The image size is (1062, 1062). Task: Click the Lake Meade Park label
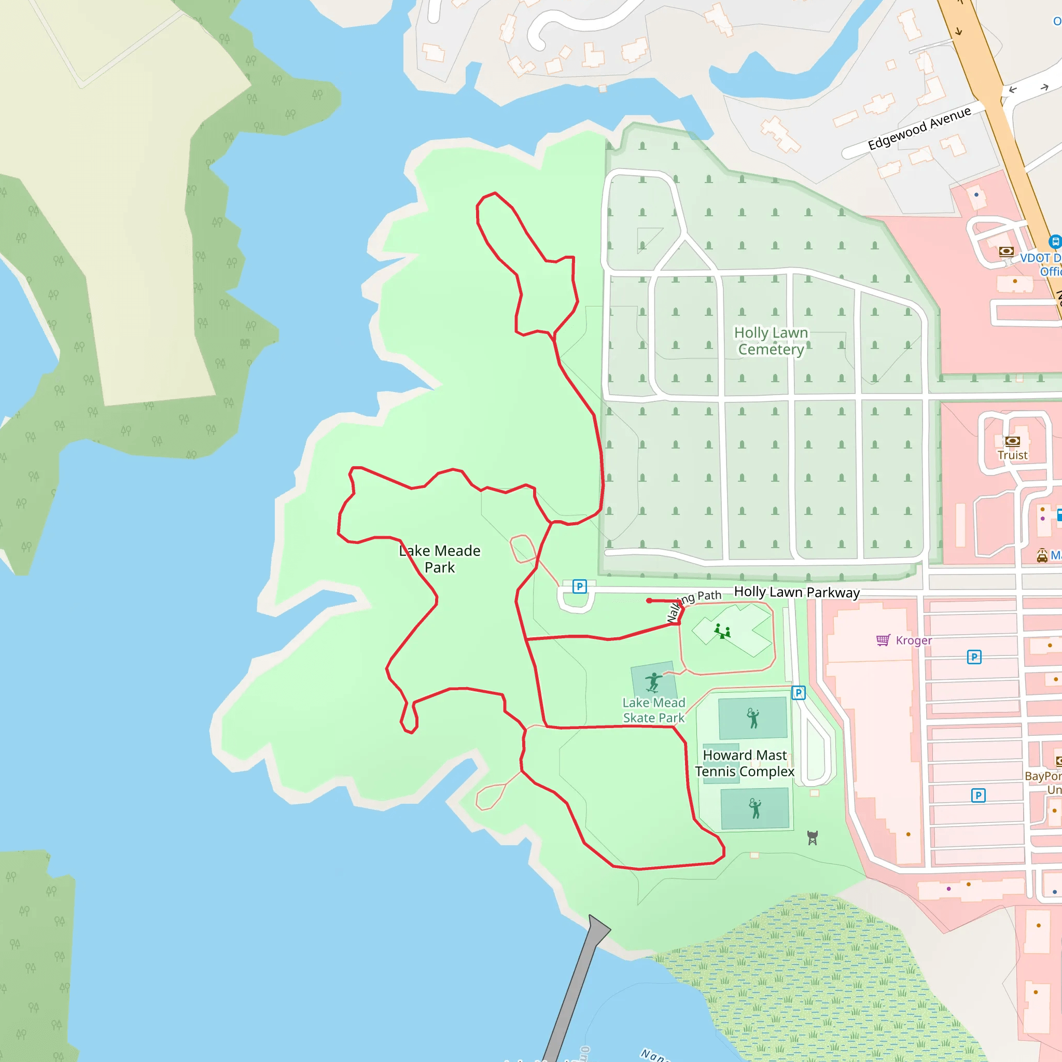coord(440,559)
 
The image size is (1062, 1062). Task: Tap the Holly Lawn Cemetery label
coord(771,341)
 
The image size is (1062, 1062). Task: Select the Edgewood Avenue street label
coord(919,128)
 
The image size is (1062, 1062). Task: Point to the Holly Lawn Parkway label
coord(796,592)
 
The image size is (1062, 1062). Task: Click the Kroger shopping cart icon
coord(883,640)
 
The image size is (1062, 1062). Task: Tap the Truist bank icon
coord(1012,441)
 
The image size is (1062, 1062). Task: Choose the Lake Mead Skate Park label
coord(653,710)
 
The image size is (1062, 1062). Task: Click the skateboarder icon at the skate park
coord(653,681)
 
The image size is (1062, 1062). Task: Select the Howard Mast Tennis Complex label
coord(744,763)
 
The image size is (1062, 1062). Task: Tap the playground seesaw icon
coord(722,631)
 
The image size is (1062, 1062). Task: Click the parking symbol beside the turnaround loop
coord(579,586)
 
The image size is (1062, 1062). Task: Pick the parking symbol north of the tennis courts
coord(798,693)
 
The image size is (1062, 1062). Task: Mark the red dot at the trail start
coord(649,601)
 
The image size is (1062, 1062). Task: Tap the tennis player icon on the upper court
coord(753,718)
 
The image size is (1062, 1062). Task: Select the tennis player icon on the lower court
coord(755,808)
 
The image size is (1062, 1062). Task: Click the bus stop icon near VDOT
coord(1054,241)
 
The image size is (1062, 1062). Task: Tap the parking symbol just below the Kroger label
coord(974,657)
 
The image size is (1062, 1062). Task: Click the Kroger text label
coord(914,640)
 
